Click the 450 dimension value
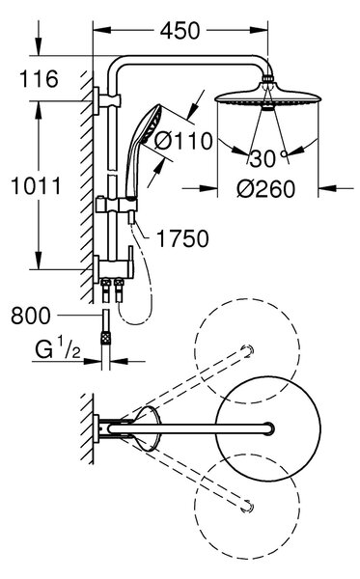click(x=180, y=31)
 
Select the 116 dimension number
click(x=39, y=79)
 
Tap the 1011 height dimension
click(x=36, y=185)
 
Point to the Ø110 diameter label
click(x=183, y=141)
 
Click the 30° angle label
click(x=268, y=159)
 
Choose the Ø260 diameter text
click(x=265, y=189)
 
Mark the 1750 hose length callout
click(x=182, y=238)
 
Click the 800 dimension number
click(x=31, y=316)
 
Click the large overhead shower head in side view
click(x=267, y=97)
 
